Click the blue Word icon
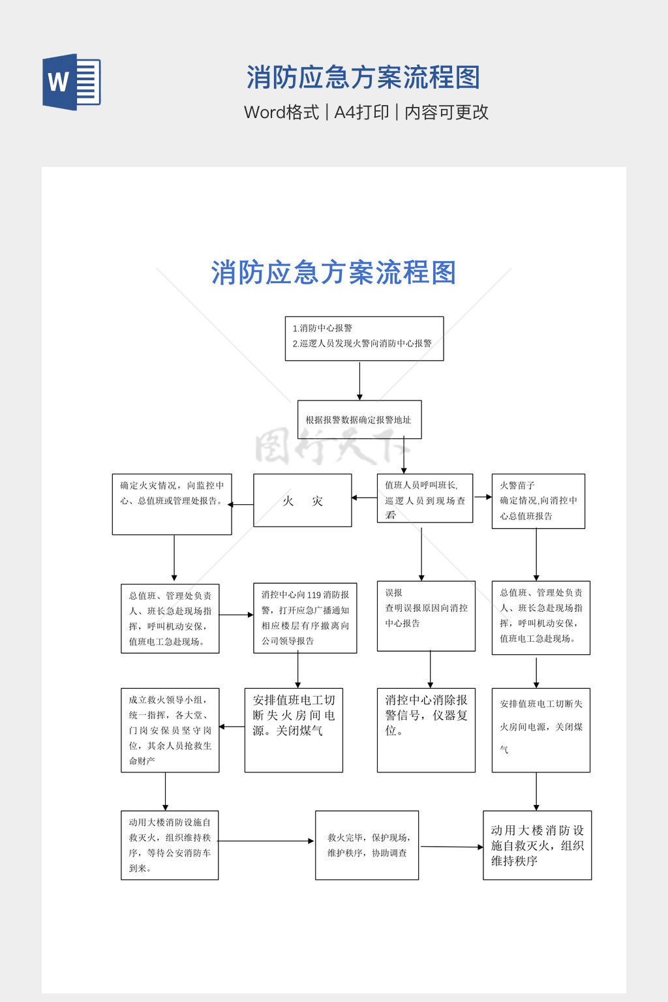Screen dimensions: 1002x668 click(x=72, y=82)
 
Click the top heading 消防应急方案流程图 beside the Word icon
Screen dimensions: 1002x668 click(x=363, y=78)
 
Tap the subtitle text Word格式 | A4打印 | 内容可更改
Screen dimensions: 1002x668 click(x=366, y=112)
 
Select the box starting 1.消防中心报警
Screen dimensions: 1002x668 click(x=364, y=339)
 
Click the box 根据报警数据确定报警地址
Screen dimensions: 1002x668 click(x=359, y=419)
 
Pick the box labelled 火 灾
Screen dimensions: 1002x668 click(x=302, y=500)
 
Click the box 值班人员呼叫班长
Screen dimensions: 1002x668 click(x=425, y=498)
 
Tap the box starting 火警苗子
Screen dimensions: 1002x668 click(x=538, y=501)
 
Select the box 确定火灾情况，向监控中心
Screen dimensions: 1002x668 click(x=172, y=504)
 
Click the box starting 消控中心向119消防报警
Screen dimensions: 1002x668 click(x=305, y=618)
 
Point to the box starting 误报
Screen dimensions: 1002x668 click(x=425, y=616)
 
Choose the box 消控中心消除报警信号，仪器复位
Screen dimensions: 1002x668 click(x=425, y=730)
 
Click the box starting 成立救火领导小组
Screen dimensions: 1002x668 click(x=170, y=730)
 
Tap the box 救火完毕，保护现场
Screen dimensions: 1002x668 click(x=367, y=845)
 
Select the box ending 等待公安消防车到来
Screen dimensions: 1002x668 click(x=170, y=845)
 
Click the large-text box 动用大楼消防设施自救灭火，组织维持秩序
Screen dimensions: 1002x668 click(x=537, y=845)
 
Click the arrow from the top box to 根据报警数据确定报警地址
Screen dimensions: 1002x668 click(x=359, y=381)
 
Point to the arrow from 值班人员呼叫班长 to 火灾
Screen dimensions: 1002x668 click(x=364, y=498)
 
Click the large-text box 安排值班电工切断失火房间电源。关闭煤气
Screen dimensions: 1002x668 click(x=294, y=730)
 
